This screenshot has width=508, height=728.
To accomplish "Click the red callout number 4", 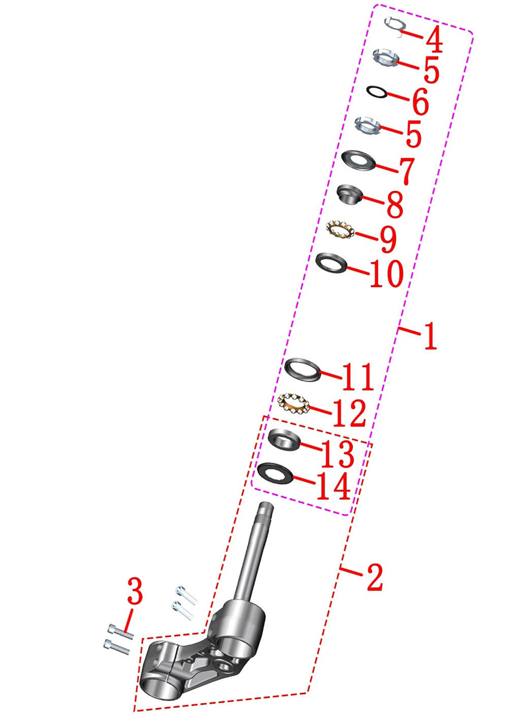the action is click(x=434, y=40).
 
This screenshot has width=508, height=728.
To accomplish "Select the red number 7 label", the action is click(x=404, y=171).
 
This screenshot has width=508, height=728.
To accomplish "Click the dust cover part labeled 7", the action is click(x=358, y=160).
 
